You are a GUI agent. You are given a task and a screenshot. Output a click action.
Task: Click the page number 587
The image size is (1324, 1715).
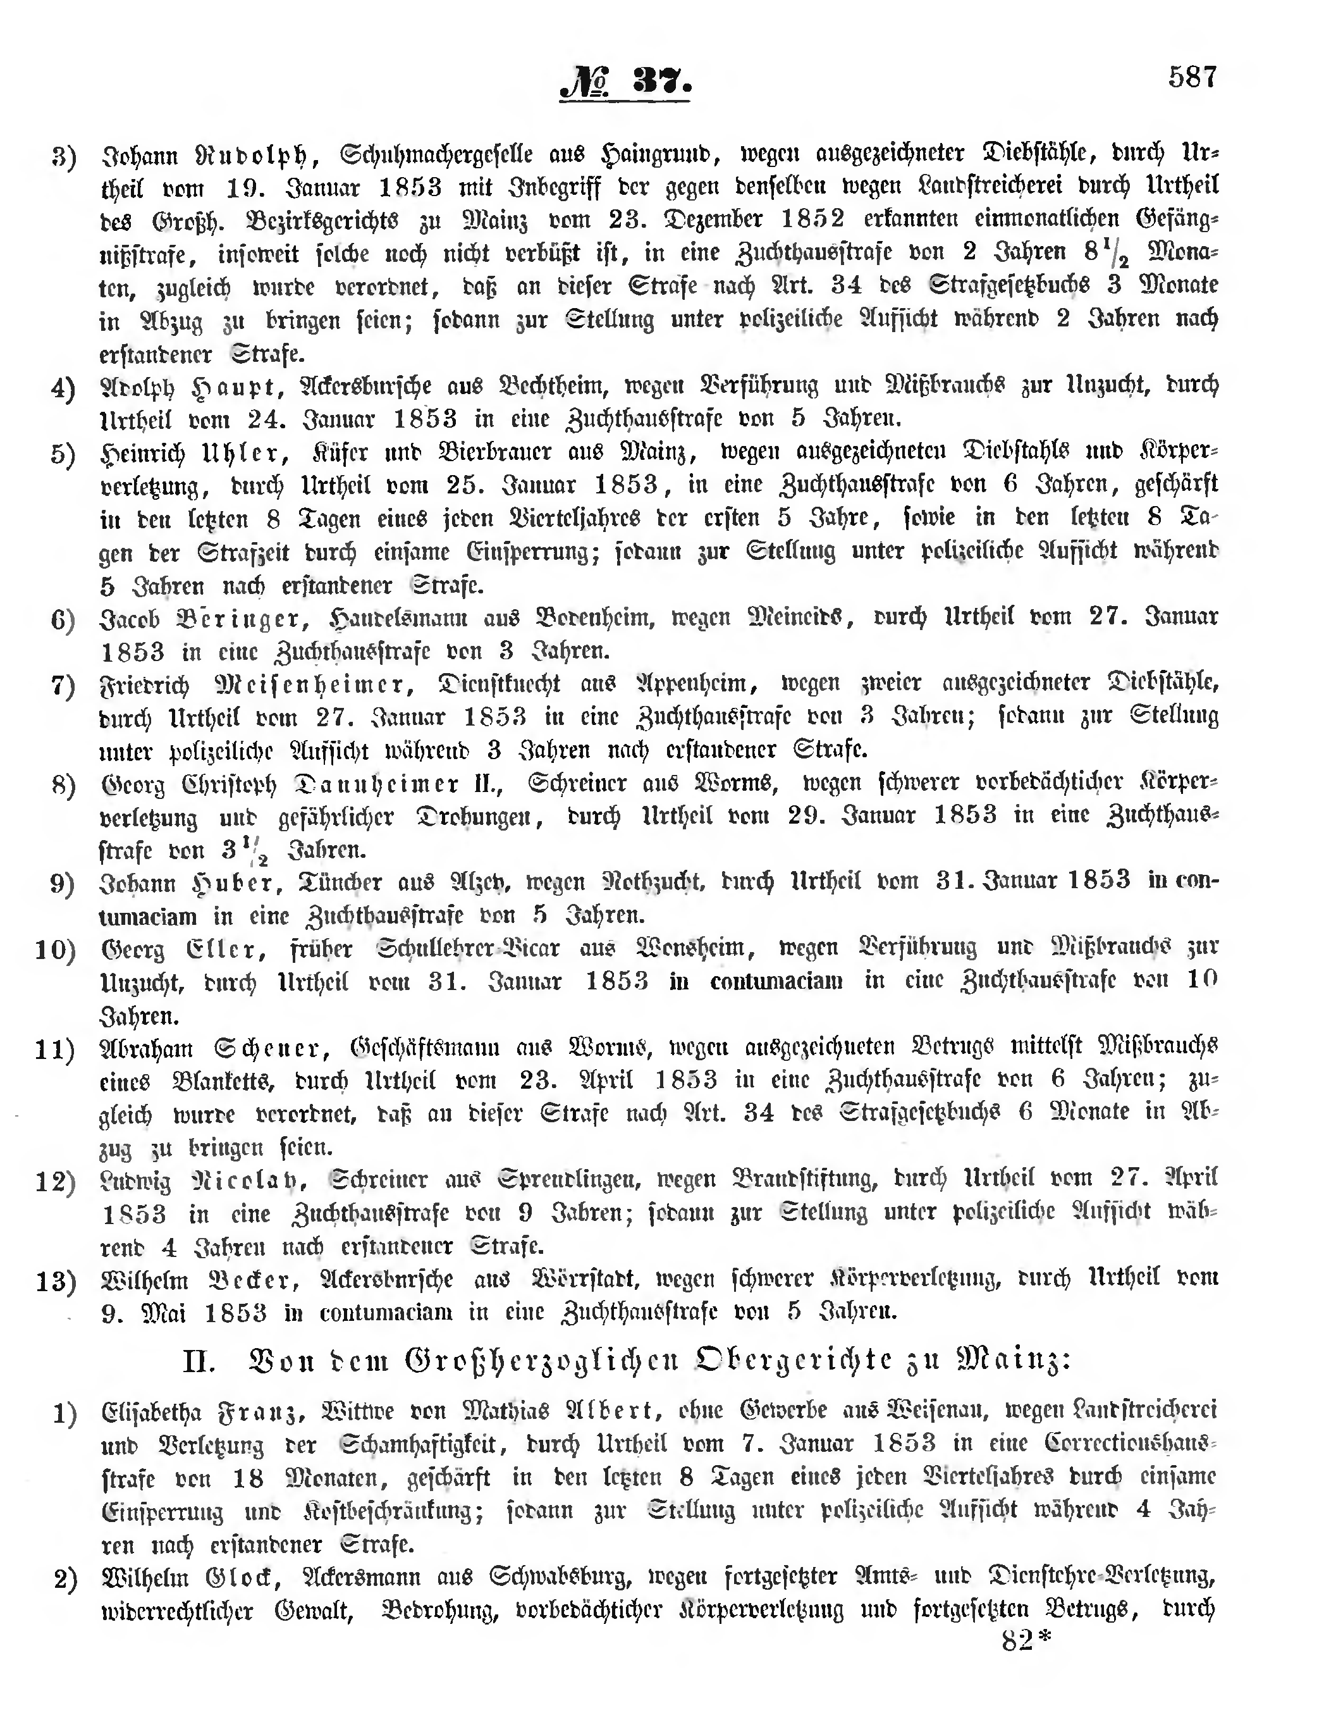[1192, 77]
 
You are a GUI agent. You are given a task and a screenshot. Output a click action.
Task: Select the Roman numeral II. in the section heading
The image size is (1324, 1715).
[199, 1361]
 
